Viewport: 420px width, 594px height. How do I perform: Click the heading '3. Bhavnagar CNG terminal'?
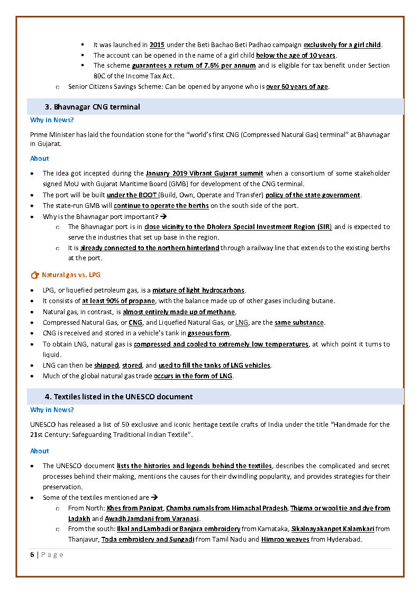pyautogui.click(x=92, y=107)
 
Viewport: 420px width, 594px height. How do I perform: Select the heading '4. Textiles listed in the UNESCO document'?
pyautogui.click(x=118, y=397)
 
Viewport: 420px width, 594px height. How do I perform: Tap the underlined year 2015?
pyautogui.click(x=157, y=45)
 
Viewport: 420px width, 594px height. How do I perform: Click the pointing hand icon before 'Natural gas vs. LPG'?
pyautogui.click(x=35, y=275)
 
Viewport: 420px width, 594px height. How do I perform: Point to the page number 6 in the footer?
pyautogui.click(x=32, y=554)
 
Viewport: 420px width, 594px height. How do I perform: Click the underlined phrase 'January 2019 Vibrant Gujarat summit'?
pyautogui.click(x=204, y=173)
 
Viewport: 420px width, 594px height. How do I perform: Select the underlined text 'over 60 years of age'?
pyautogui.click(x=297, y=87)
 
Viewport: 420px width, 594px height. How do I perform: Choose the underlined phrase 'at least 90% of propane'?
pyautogui.click(x=118, y=301)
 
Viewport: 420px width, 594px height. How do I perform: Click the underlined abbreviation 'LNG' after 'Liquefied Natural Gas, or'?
pyautogui.click(x=242, y=323)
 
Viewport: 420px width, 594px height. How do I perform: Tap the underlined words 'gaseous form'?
pyautogui.click(x=209, y=333)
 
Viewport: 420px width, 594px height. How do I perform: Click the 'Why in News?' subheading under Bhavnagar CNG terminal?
pyautogui.click(x=52, y=120)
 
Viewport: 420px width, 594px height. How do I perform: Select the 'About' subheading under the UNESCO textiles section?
pyautogui.click(x=40, y=451)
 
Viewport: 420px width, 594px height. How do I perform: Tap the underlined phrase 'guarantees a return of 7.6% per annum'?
pyautogui.click(x=194, y=66)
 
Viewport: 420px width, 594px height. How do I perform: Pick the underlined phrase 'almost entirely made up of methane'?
pyautogui.click(x=179, y=312)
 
